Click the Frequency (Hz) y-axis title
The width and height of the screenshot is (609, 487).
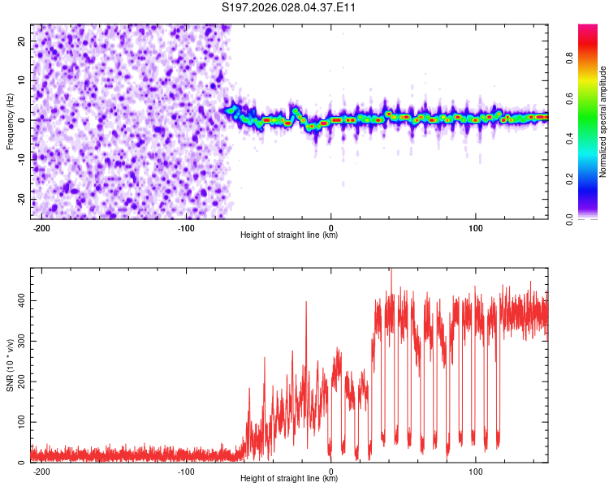pyautogui.click(x=10, y=121)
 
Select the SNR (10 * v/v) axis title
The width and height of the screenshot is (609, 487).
pyautogui.click(x=10, y=364)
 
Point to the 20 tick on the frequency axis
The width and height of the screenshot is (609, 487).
pyautogui.click(x=22, y=41)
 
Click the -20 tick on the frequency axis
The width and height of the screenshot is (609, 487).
pyautogui.click(x=20, y=200)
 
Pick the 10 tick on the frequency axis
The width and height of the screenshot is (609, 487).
pyautogui.click(x=22, y=80)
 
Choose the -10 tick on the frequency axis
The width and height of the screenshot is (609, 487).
pyautogui.click(x=20, y=160)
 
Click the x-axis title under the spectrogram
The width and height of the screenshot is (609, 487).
pyautogui.click(x=289, y=235)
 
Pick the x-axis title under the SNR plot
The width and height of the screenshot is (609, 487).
pyautogui.click(x=289, y=479)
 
